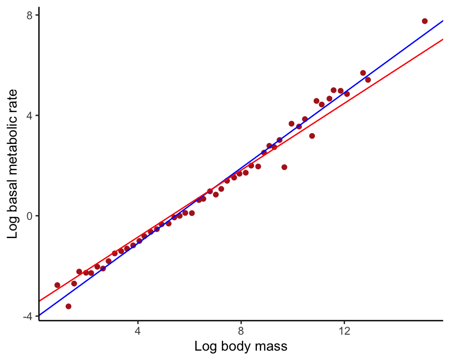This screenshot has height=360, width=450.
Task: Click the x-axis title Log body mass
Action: pyautogui.click(x=240, y=347)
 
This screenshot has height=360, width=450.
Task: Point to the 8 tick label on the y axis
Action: pyautogui.click(x=29, y=15)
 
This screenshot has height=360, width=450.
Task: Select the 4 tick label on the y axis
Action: pyautogui.click(x=29, y=115)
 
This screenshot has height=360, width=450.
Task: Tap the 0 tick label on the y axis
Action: pyautogui.click(x=29, y=216)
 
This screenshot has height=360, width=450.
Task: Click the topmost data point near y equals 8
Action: pyautogui.click(x=425, y=21)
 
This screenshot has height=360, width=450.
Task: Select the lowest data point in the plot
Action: pyautogui.click(x=68, y=306)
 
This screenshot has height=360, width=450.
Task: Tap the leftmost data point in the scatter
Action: pyautogui.click(x=57, y=285)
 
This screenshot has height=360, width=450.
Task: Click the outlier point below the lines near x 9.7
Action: pyautogui.click(x=284, y=167)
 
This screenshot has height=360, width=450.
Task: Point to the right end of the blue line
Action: pyautogui.click(x=442, y=21)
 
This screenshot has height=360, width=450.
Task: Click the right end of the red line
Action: pyautogui.click(x=442, y=39)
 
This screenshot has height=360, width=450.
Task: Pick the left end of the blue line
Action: pyautogui.click(x=40, y=315)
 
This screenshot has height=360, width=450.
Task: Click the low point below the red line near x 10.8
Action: pyautogui.click(x=312, y=136)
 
